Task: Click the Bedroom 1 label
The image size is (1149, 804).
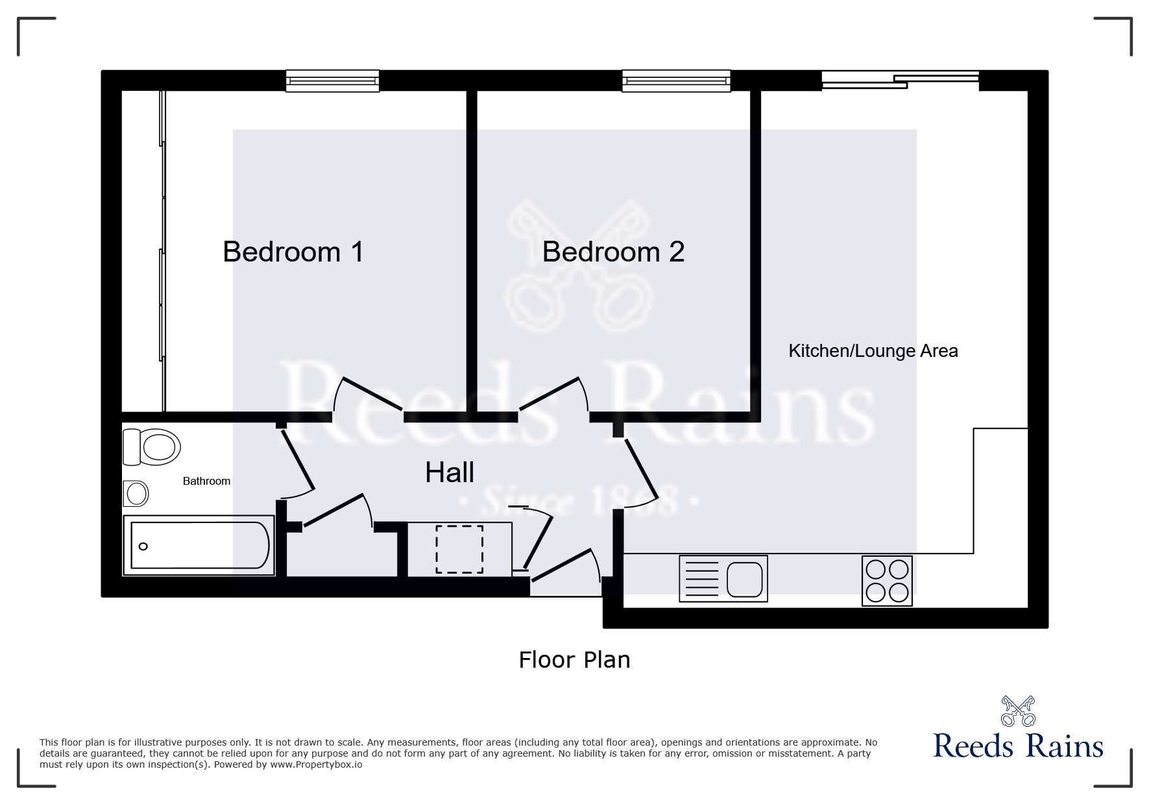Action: (x=293, y=252)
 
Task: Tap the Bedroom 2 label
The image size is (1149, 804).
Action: (x=613, y=252)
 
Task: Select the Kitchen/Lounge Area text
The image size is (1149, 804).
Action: (x=873, y=351)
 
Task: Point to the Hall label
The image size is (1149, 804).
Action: (x=450, y=472)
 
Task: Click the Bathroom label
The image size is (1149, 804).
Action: (x=206, y=481)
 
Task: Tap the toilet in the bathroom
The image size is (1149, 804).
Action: (x=151, y=447)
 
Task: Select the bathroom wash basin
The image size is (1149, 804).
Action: (x=136, y=494)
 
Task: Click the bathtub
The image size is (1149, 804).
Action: (x=199, y=546)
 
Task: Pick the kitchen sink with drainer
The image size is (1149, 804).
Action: (x=723, y=578)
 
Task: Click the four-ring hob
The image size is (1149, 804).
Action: (x=887, y=581)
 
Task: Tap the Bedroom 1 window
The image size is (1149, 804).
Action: (x=333, y=81)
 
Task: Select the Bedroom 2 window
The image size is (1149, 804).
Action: (x=676, y=81)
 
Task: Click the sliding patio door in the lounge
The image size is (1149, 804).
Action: (x=901, y=80)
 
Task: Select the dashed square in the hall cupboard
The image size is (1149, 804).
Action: (x=459, y=550)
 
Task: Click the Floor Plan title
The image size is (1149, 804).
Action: (x=574, y=660)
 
